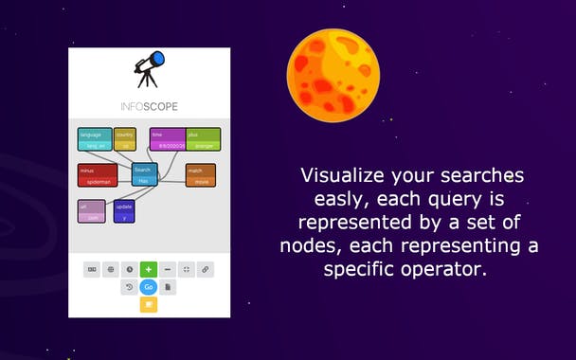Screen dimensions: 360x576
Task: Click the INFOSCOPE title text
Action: [149, 106]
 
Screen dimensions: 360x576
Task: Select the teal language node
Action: [95, 139]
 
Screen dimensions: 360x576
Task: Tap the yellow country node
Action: [125, 139]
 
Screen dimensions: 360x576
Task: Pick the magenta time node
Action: [168, 139]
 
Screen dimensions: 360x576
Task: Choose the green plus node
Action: [203, 139]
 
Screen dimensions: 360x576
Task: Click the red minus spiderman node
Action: [98, 175]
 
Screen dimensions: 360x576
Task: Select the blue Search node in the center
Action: [143, 174]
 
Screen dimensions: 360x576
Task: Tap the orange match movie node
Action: [200, 175]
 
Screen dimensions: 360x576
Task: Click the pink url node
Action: [92, 210]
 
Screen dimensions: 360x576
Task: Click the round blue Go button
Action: [148, 287]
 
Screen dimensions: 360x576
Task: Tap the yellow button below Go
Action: [148, 304]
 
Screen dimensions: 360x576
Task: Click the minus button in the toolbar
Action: [168, 269]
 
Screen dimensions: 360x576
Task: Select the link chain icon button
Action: [206, 269]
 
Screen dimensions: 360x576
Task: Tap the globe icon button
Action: [111, 269]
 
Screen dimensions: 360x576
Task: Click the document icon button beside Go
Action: [168, 287]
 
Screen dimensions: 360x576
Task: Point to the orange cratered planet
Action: [333, 75]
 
